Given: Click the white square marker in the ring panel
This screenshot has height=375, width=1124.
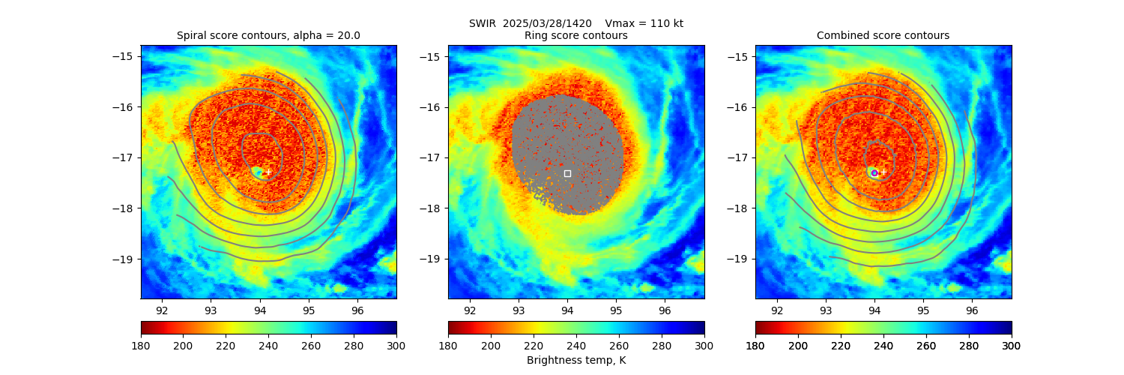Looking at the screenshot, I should (567, 173).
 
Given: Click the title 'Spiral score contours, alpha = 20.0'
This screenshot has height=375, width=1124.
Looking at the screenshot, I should (268, 35).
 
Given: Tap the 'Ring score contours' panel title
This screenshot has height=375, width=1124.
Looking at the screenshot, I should (575, 35).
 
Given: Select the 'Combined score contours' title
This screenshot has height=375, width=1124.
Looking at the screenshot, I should (883, 35).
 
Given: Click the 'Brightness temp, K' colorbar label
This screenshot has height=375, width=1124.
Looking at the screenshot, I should (575, 361).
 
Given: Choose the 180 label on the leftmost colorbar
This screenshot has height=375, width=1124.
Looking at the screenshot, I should (141, 345).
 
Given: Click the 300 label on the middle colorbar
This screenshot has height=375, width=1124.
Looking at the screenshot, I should (704, 345).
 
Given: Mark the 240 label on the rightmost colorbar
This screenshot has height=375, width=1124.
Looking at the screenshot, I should (926, 345).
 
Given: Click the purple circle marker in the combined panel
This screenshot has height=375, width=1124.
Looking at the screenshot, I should (874, 173).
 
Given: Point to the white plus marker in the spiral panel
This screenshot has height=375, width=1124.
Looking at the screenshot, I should (268, 172).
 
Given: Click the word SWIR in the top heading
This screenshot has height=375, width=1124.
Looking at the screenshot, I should (483, 23).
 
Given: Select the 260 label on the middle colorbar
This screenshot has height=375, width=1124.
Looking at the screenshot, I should (619, 345).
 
